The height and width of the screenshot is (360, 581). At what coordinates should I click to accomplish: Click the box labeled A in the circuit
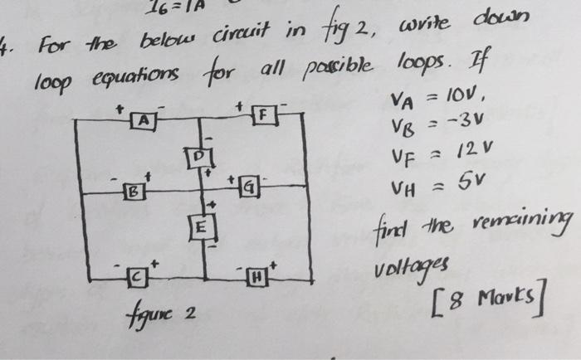144,122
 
